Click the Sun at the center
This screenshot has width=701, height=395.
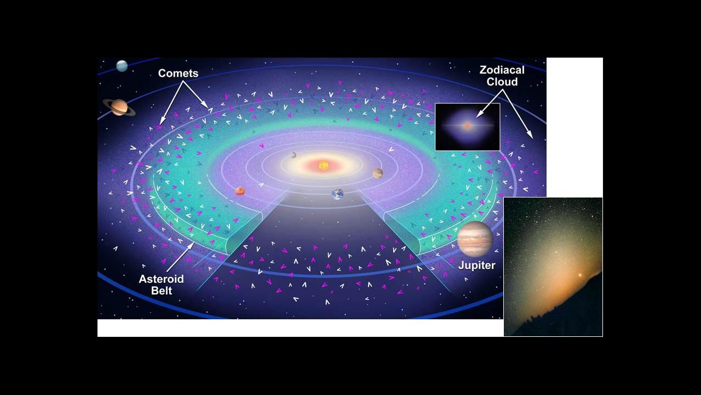[x=324, y=165]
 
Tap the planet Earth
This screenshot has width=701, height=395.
[x=337, y=194]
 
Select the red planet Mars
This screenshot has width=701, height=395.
[x=240, y=191]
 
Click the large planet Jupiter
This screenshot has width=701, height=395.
[x=475, y=239]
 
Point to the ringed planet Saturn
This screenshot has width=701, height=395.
[x=119, y=107]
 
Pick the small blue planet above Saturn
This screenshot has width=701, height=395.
[x=122, y=66]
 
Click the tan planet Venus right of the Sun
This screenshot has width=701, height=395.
[x=378, y=173]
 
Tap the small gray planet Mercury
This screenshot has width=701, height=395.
[x=294, y=155]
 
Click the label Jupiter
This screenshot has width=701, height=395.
[x=476, y=266]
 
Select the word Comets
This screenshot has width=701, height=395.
[x=178, y=74]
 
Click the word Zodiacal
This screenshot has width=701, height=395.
[x=502, y=70]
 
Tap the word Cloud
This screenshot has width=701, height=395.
[x=502, y=82]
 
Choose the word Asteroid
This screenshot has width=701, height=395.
[x=161, y=279]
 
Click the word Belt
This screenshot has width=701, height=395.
[x=162, y=290]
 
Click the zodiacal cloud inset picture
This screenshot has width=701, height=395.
[x=467, y=127]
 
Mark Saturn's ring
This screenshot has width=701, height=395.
[x=131, y=111]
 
